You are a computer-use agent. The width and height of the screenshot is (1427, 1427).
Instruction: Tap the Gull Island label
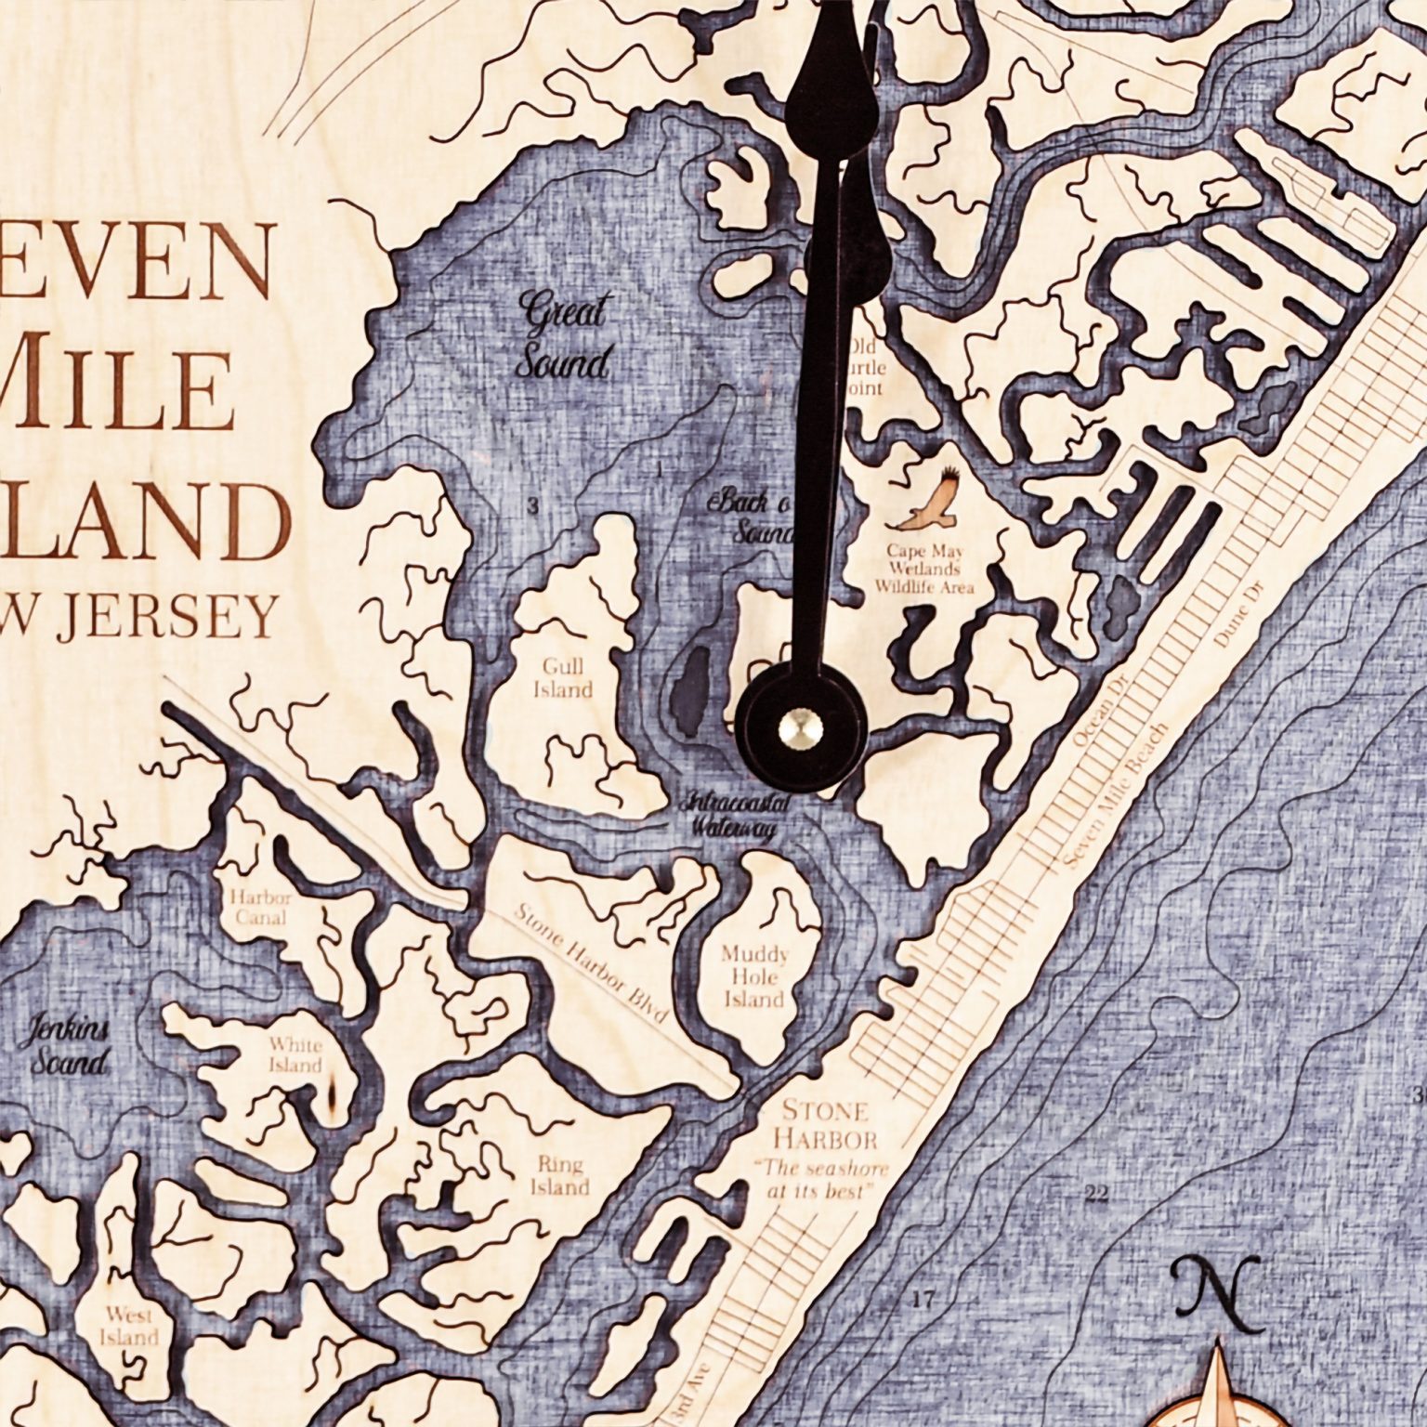(x=564, y=678)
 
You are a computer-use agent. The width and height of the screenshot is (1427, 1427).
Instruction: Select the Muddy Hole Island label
(x=754, y=977)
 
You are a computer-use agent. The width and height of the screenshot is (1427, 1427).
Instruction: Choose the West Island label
(x=129, y=1326)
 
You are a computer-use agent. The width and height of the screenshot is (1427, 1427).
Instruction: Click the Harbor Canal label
(x=260, y=908)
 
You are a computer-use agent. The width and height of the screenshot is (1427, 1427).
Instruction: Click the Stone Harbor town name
(x=825, y=1124)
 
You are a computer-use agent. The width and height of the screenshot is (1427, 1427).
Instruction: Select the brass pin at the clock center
(x=800, y=725)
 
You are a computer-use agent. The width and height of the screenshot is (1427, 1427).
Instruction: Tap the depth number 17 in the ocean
(x=923, y=1299)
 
